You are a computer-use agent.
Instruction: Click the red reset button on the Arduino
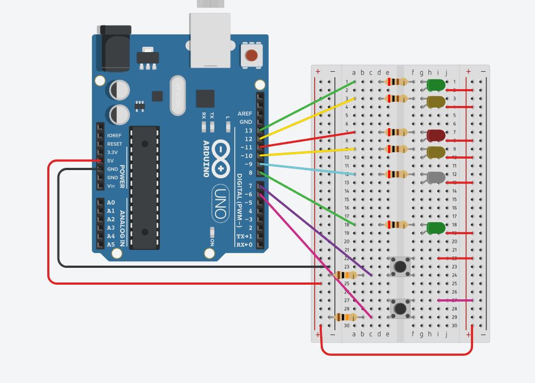pyautogui.click(x=251, y=55)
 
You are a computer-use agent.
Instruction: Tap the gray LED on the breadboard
pyautogui.click(x=436, y=177)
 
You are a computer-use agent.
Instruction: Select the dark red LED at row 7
pyautogui.click(x=436, y=135)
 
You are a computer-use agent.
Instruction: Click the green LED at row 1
pyautogui.click(x=436, y=85)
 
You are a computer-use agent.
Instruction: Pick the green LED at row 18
pyautogui.click(x=436, y=228)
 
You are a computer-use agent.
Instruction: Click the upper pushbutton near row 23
pyautogui.click(x=401, y=266)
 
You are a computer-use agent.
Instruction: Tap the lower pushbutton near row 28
pyautogui.click(x=401, y=309)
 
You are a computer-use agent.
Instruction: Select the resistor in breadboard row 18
pyautogui.click(x=396, y=224)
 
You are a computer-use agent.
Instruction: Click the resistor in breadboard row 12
pyautogui.click(x=396, y=174)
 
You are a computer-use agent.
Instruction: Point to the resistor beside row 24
pyautogui.click(x=346, y=275)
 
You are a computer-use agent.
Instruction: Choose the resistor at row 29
pyautogui.click(x=346, y=317)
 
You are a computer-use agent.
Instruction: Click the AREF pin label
pyautogui.click(x=245, y=114)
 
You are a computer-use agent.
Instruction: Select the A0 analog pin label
pyautogui.click(x=111, y=203)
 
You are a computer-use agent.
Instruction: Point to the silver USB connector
pyautogui.click(x=210, y=39)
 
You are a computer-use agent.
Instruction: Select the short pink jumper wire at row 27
pyautogui.click(x=455, y=300)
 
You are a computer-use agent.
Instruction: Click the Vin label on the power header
pyautogui.click(x=111, y=186)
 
